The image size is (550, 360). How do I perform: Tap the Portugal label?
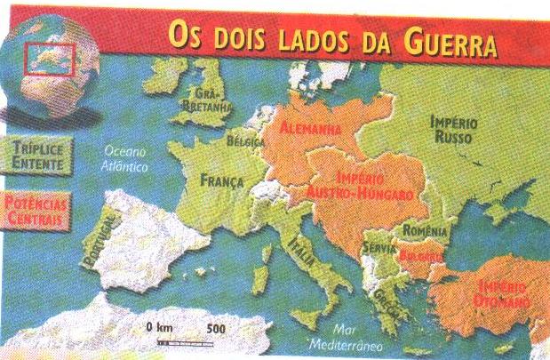98,240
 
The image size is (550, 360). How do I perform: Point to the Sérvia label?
379,239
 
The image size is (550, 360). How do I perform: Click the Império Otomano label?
503,294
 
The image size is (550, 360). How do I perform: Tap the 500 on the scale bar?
214,328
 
